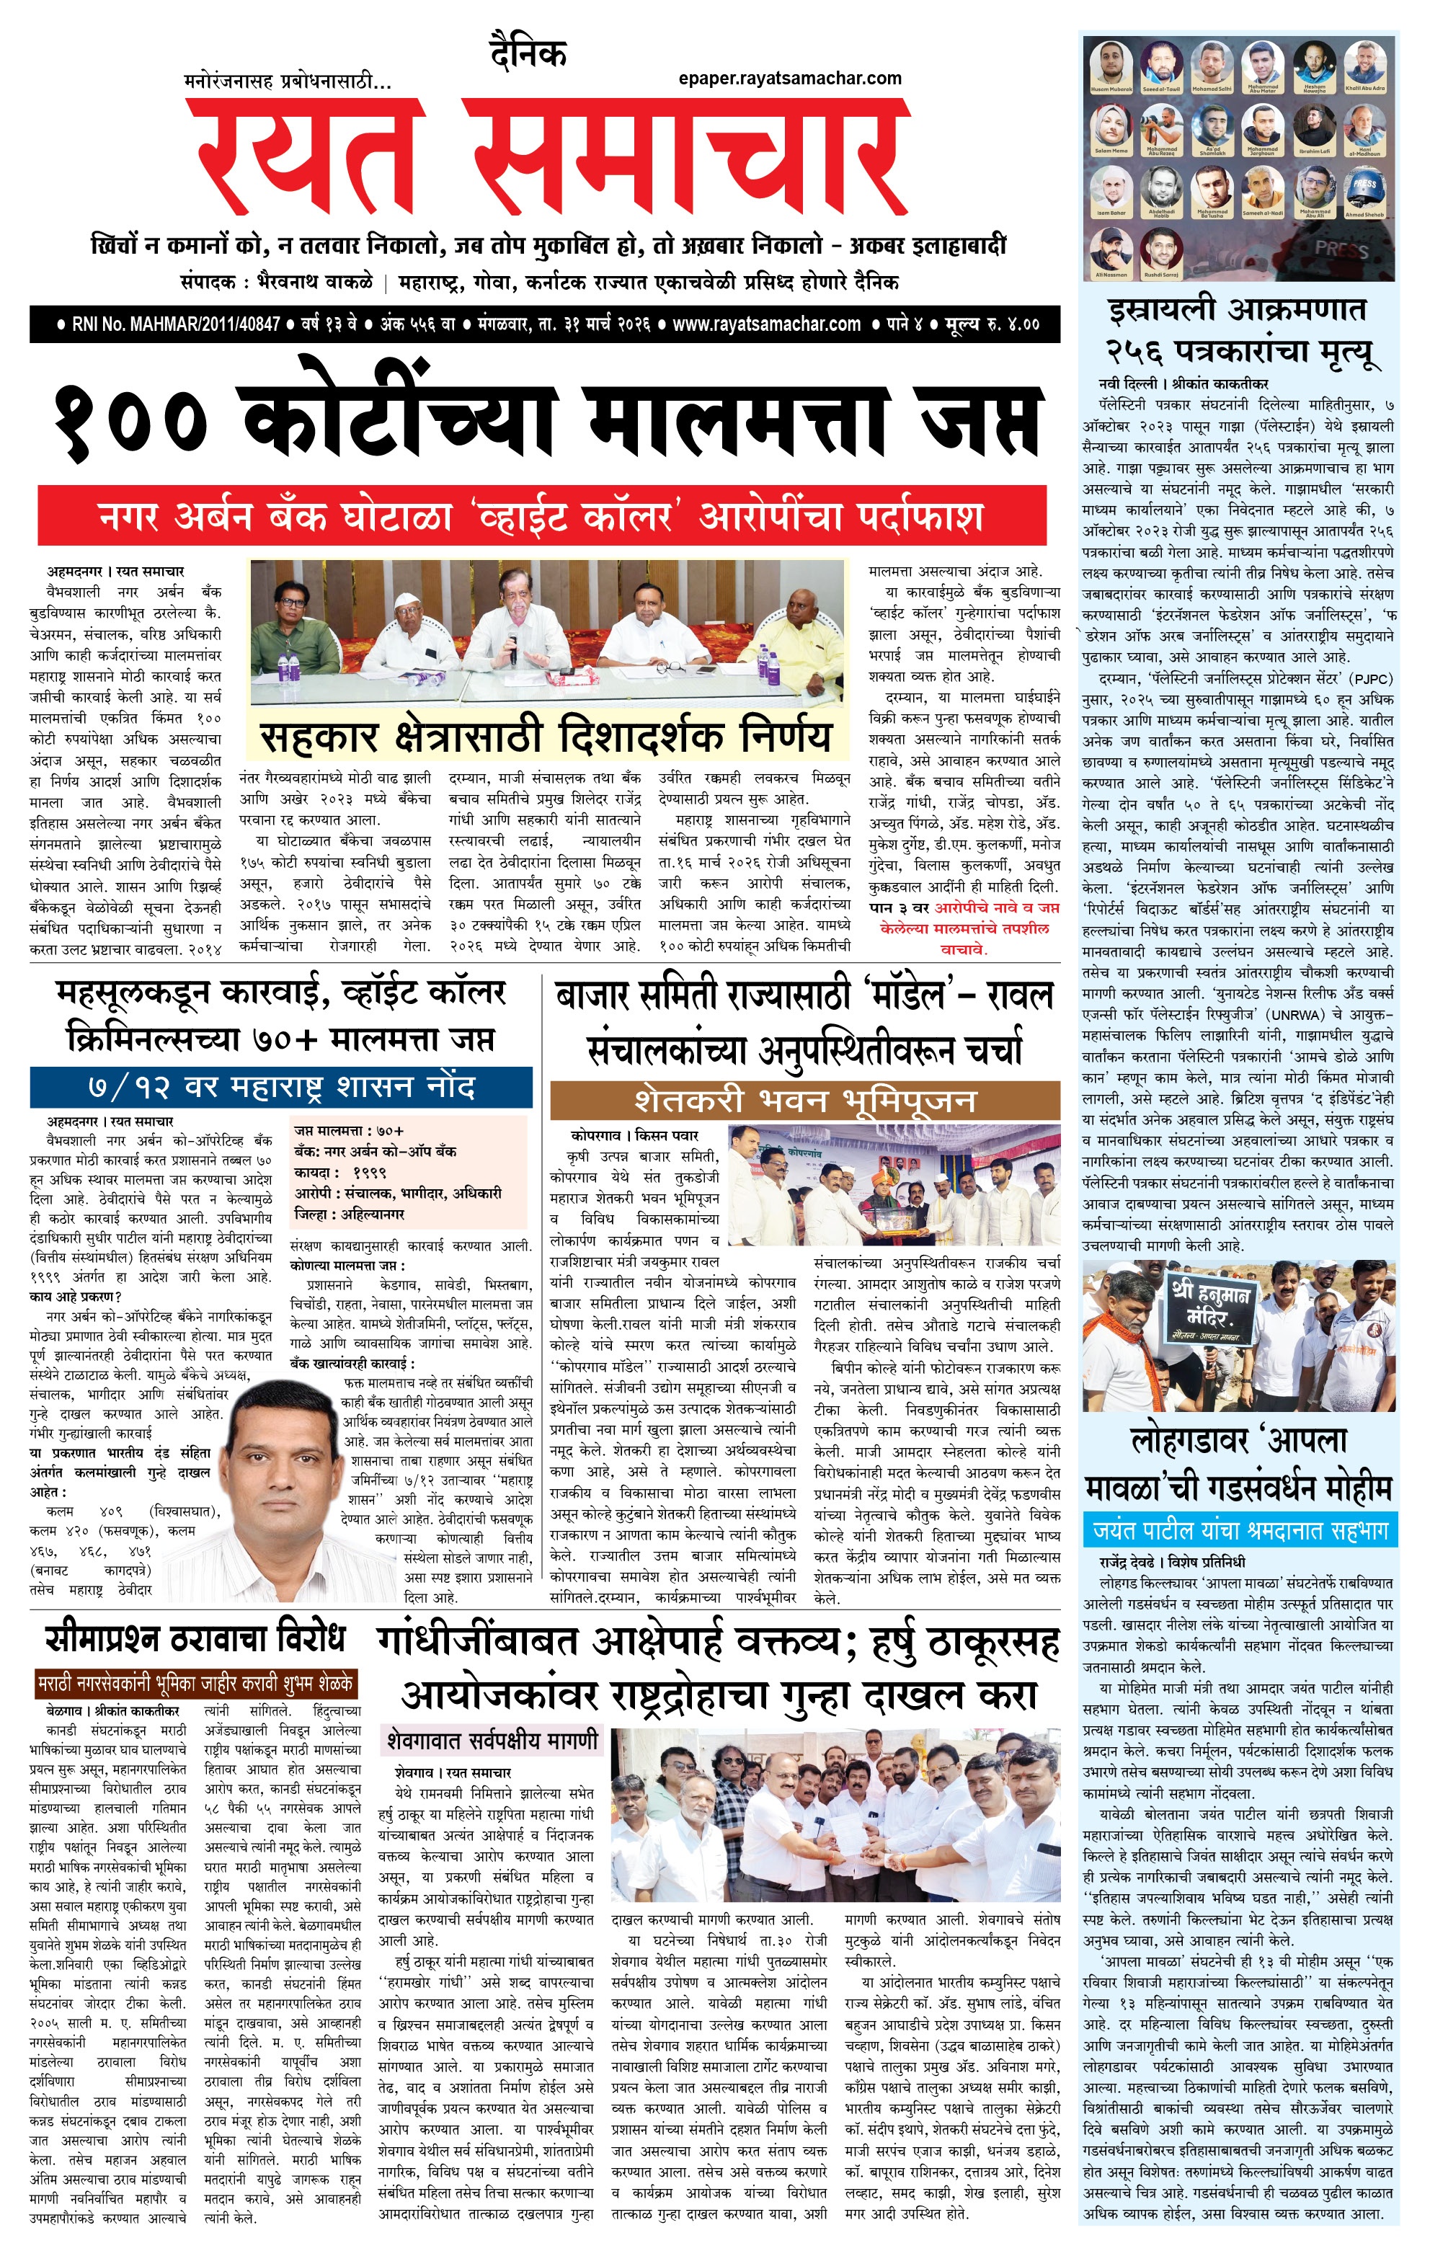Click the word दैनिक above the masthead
[528, 53]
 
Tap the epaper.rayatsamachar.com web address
[789, 79]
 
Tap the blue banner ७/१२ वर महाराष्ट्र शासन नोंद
[281, 1087]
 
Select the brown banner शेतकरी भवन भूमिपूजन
[805, 1099]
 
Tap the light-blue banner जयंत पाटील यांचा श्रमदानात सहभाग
[1240, 1531]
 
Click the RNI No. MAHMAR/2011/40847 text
[175, 324]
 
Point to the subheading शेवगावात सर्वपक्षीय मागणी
[492, 1741]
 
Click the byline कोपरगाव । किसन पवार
[634, 1134]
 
